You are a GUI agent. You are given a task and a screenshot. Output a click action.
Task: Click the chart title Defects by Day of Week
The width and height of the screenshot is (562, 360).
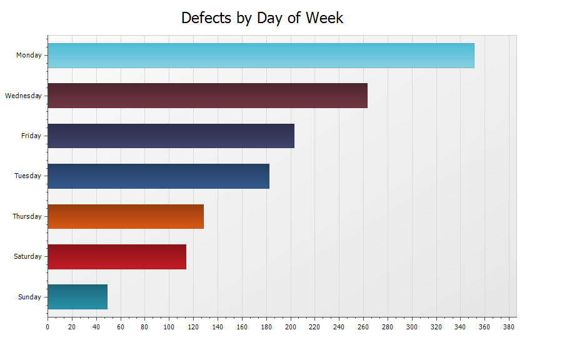pos(262,18)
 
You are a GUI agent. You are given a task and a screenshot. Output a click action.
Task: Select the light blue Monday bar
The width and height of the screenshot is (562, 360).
pos(261,56)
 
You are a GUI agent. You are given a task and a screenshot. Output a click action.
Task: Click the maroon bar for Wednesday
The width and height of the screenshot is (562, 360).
pos(207,96)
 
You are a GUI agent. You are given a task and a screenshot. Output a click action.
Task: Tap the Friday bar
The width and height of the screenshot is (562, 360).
pos(171,136)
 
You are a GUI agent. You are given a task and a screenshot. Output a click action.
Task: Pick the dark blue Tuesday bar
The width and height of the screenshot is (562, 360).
pos(158,176)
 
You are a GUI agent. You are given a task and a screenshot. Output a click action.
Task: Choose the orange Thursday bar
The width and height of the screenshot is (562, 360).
pos(126,216)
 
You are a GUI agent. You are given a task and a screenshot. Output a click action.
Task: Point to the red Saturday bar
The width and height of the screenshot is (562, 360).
pos(117,257)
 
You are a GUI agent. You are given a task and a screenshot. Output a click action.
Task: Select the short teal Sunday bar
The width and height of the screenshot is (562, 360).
pos(78,297)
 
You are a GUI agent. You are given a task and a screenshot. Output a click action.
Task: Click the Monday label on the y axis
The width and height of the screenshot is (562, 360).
pos(29,56)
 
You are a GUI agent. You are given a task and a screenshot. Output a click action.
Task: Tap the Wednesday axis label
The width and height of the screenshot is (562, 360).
pos(23,96)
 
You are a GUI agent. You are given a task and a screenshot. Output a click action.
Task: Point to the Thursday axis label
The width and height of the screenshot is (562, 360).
pos(27,216)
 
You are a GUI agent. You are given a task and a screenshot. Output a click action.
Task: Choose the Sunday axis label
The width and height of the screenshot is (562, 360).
pos(29,297)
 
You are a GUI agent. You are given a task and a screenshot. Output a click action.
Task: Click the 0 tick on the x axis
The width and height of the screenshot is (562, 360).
pos(48,327)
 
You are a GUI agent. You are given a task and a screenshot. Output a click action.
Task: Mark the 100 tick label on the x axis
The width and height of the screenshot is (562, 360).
pos(169,327)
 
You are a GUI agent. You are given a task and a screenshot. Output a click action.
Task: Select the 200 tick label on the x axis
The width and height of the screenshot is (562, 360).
pos(290,327)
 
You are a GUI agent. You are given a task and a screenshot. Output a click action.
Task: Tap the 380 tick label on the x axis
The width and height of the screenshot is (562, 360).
pos(509,327)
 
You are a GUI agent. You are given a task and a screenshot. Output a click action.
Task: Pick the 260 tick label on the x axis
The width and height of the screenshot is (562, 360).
pos(363,327)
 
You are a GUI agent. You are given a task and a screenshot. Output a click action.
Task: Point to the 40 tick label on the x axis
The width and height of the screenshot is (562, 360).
pos(96,327)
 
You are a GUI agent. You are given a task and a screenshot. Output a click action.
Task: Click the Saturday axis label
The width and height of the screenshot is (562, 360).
pos(28,257)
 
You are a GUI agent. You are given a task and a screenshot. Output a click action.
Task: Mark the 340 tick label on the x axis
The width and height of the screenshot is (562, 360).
pos(460,327)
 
